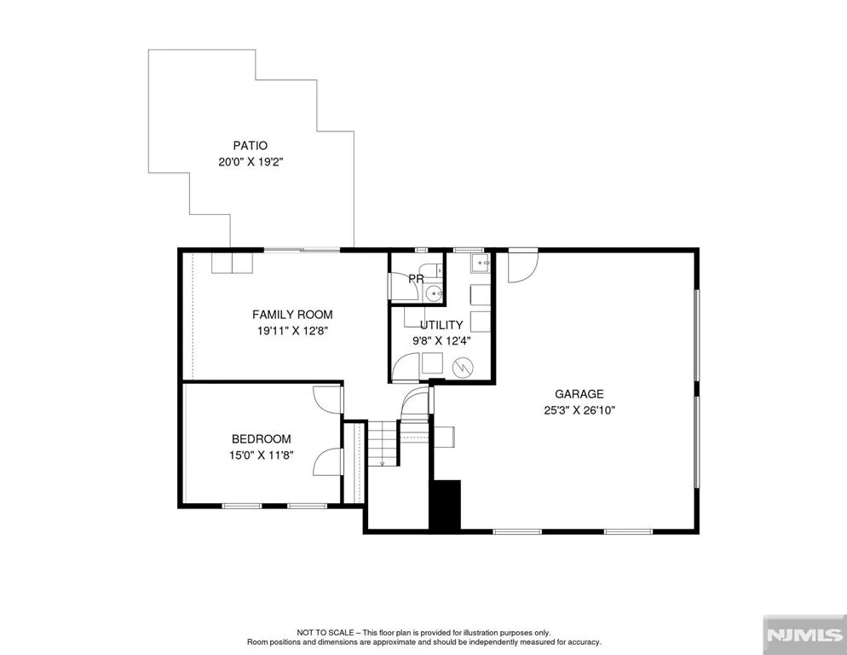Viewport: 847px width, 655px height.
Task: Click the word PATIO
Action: point(251,146)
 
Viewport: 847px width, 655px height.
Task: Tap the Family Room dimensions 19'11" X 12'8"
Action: point(292,330)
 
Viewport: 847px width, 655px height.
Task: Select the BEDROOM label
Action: point(262,439)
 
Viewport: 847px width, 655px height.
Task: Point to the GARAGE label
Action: point(579,394)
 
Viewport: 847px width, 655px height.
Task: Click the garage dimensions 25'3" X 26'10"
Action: point(579,410)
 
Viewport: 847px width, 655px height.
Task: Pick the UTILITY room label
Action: point(441,325)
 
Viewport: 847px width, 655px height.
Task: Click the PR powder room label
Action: point(416,279)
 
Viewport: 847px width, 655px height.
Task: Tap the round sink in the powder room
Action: point(433,293)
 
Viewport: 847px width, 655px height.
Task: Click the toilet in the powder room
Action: point(433,270)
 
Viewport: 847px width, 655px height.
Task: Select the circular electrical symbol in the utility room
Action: point(463,368)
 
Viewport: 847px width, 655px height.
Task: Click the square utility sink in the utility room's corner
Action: point(481,263)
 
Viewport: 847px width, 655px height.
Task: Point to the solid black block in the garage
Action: point(445,505)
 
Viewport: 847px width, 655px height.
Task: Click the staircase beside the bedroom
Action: point(383,443)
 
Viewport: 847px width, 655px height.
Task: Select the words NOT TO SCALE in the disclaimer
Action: point(325,632)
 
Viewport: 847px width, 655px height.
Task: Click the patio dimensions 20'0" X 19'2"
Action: point(251,162)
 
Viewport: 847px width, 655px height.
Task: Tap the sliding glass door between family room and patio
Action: point(302,250)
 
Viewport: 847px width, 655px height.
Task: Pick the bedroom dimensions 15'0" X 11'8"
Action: point(262,455)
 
